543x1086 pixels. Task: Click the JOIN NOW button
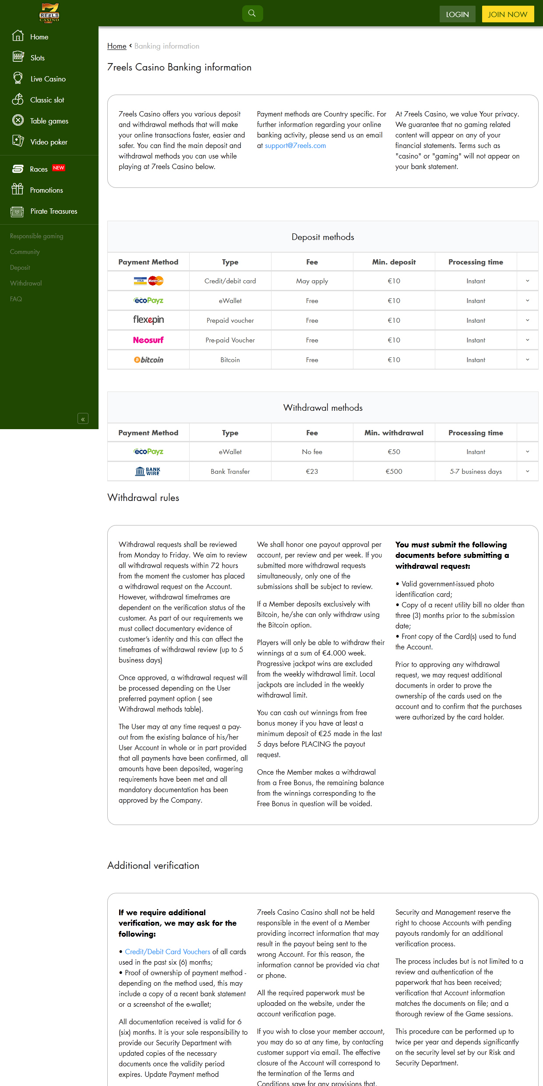[508, 14]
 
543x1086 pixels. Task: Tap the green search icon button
[252, 14]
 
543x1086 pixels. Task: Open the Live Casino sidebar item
[48, 79]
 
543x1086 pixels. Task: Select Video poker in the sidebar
[49, 142]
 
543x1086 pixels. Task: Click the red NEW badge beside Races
[59, 168]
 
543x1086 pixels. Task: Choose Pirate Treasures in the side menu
[53, 211]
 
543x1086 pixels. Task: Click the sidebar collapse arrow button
[83, 419]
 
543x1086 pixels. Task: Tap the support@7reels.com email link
[295, 145]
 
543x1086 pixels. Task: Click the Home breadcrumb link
[116, 46]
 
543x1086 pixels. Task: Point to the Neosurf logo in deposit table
[148, 340]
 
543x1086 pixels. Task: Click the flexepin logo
[148, 320]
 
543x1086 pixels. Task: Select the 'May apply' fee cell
[312, 281]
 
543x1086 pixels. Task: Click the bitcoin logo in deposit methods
[148, 360]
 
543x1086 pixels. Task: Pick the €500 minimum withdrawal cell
[394, 472]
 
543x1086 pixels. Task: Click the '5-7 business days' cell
[476, 472]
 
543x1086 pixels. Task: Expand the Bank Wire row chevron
[527, 472]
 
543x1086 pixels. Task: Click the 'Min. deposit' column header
[394, 262]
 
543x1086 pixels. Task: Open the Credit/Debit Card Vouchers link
[167, 952]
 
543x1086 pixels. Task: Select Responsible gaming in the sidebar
[36, 236]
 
